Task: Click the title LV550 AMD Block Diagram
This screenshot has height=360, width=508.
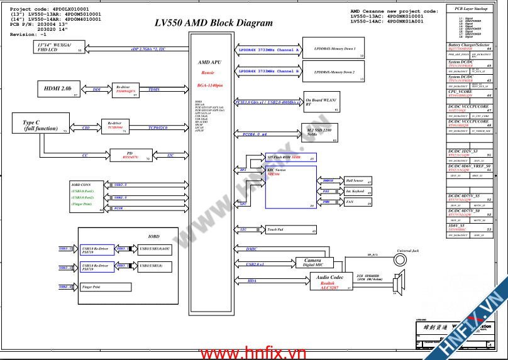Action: pos(214,23)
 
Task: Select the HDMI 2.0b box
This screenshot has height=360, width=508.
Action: pos(58,89)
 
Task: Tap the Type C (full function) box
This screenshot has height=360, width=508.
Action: pos(40,124)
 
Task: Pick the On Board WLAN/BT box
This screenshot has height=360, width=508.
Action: pos(321,102)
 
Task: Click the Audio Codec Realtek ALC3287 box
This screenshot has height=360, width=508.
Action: pos(329,281)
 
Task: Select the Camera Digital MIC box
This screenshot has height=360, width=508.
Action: pos(313,263)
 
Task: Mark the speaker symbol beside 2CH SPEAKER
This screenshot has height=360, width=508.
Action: pos(395,285)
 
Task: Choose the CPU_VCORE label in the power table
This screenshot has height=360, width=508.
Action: pos(461,92)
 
